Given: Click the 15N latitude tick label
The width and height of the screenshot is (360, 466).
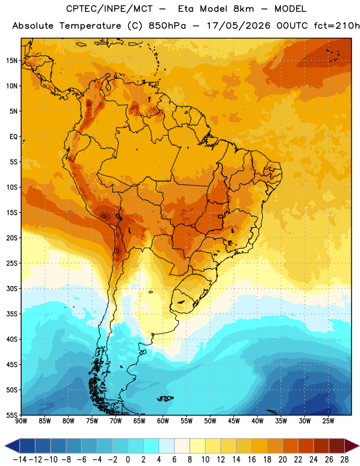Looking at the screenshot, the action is (12, 61).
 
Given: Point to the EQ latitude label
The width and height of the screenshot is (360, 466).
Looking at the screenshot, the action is (13, 137).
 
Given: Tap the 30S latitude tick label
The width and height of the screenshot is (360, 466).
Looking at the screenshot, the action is (12, 288).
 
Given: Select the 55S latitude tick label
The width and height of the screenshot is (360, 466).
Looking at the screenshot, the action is (12, 415).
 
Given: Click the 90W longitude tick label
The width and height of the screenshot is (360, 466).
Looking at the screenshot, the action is (21, 421).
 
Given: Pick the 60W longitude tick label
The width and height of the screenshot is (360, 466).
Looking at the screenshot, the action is (163, 421).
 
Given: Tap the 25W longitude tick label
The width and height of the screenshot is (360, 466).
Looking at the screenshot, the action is (328, 421).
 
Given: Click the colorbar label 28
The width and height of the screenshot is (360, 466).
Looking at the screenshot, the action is (344, 460).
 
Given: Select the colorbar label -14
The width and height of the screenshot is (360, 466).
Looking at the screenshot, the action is (20, 460).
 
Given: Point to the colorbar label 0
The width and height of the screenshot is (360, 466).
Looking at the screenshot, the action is (128, 460).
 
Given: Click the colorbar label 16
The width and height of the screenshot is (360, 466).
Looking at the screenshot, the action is (252, 460).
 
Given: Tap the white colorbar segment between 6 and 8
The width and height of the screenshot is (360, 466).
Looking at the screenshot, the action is (182, 446).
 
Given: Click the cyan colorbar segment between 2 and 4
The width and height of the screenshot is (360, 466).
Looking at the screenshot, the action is (151, 446).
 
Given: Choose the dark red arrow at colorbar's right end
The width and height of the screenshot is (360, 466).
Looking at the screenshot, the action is (352, 446).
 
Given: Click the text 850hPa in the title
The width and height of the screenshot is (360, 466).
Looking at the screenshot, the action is (167, 26).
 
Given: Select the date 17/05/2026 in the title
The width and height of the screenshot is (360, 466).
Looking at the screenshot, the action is (238, 26).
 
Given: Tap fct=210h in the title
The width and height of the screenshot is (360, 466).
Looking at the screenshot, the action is (337, 26).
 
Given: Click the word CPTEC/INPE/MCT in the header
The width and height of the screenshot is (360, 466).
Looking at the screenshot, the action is (110, 9).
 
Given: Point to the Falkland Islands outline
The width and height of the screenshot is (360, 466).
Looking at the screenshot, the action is (165, 398).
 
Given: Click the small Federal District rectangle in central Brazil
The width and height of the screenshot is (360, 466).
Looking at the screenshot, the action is (220, 216).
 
